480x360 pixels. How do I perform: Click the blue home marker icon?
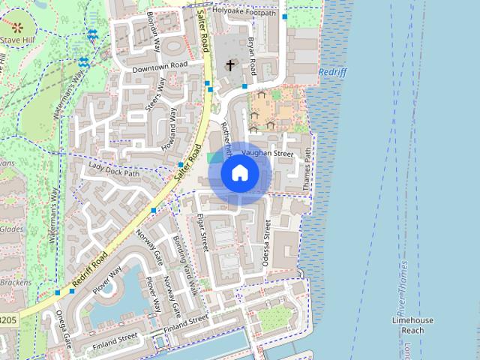(x=239, y=173)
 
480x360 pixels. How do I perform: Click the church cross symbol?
(x=229, y=66)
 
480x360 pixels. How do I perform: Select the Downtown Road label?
(x=159, y=67)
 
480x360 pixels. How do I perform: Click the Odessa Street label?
(x=268, y=243)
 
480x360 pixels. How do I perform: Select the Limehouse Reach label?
(x=412, y=325)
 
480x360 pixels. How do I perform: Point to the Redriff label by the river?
(x=333, y=72)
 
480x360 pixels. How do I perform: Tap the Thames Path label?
(x=305, y=168)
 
